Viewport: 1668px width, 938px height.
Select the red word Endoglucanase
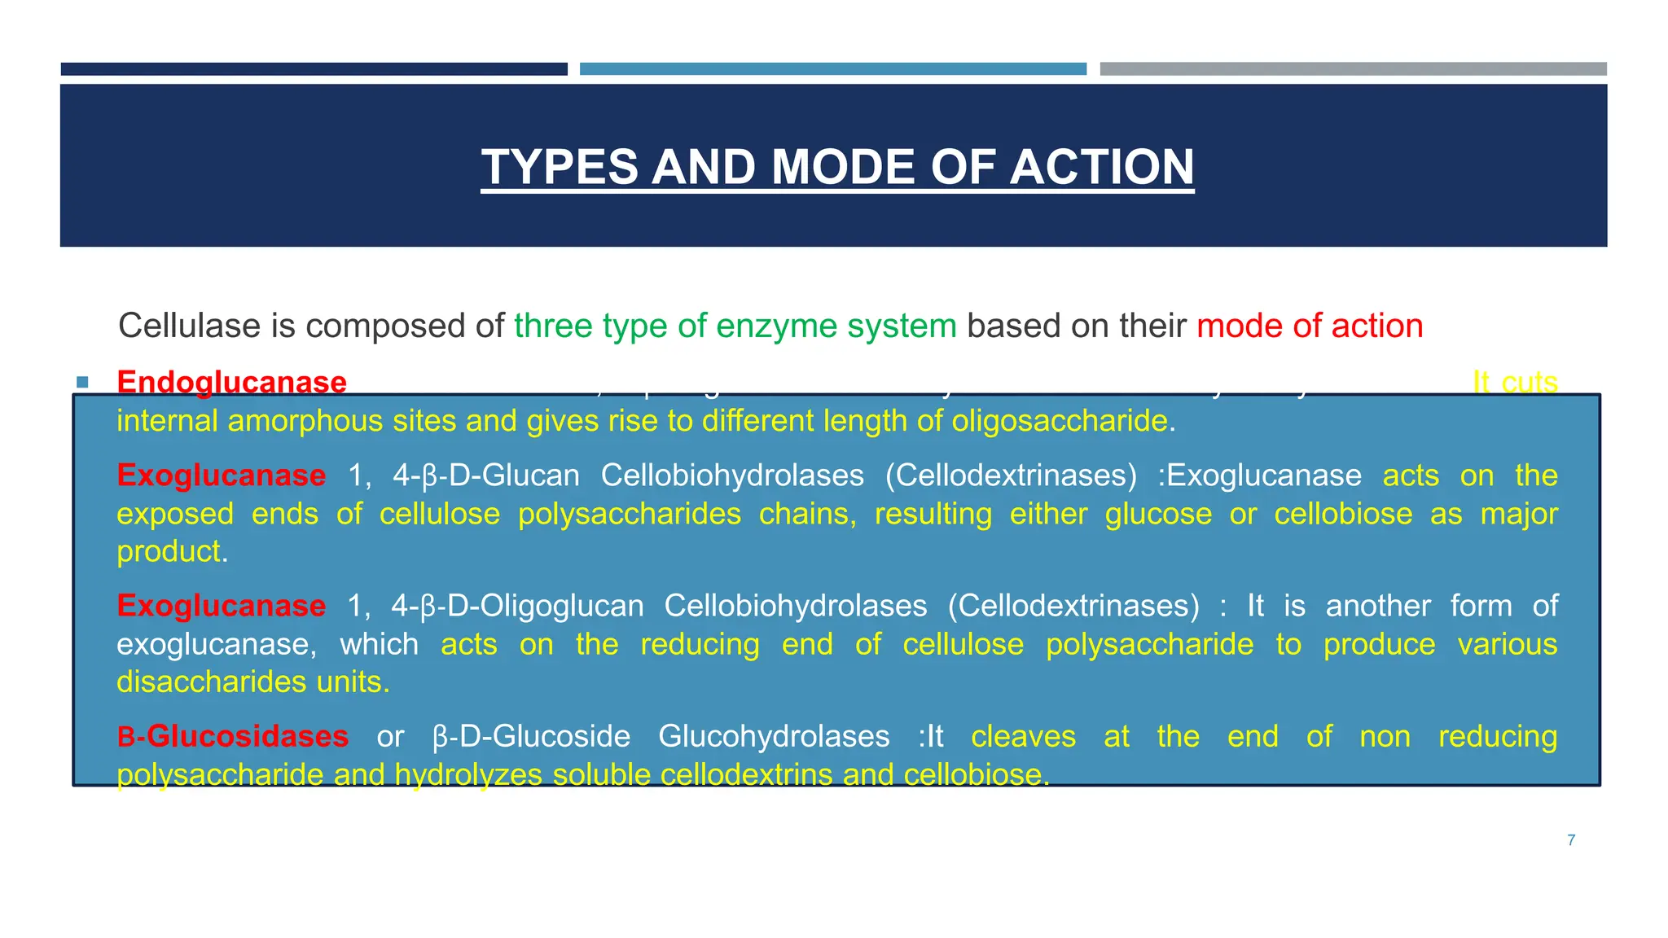(231, 382)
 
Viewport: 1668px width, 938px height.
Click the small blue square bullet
(82, 382)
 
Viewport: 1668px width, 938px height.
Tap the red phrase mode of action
(1310, 326)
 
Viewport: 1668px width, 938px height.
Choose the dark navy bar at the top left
(314, 69)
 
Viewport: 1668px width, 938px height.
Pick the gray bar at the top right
(1353, 69)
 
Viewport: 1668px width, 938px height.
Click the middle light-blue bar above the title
(832, 69)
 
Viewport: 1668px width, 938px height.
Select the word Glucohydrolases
(773, 736)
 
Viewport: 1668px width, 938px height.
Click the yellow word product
(169, 551)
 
